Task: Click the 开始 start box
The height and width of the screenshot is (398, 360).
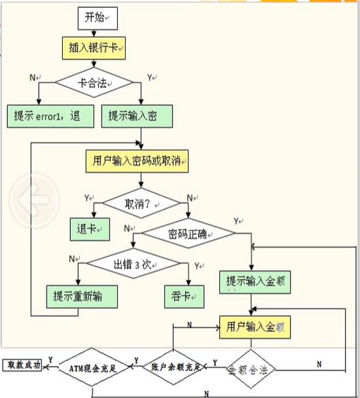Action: coord(98,18)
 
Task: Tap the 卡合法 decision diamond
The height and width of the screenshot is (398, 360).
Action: coord(94,83)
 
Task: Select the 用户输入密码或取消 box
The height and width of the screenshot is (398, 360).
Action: coord(137,161)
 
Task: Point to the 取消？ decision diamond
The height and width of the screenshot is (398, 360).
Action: coord(137,203)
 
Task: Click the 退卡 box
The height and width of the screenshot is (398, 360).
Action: coord(89,228)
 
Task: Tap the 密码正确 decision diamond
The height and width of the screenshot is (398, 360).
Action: coord(189,234)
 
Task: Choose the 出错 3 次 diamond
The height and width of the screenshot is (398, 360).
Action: coord(134,264)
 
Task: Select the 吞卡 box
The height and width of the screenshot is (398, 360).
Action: coord(181,296)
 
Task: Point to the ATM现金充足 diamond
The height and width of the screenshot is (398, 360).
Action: coord(92,369)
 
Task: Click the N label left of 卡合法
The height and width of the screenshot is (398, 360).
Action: coord(33,77)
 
